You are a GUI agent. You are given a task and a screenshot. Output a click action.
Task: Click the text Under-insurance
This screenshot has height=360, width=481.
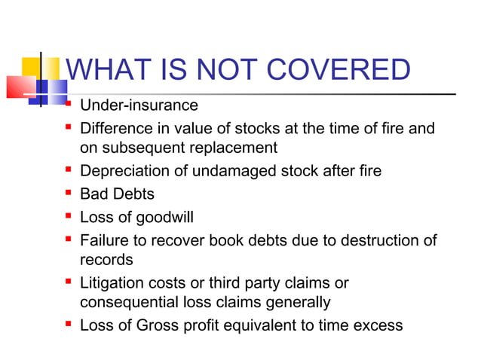[139, 105]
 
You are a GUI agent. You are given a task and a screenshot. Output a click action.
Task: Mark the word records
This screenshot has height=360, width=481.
[106, 260]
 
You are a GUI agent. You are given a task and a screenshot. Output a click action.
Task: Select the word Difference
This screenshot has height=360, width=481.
[116, 128]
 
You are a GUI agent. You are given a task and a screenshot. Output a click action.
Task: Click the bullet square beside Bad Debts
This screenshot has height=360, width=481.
[69, 194]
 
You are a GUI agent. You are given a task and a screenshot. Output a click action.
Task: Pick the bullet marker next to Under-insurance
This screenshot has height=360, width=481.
[69, 104]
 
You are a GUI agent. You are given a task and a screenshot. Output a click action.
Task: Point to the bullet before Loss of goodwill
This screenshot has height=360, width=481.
[69, 217]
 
